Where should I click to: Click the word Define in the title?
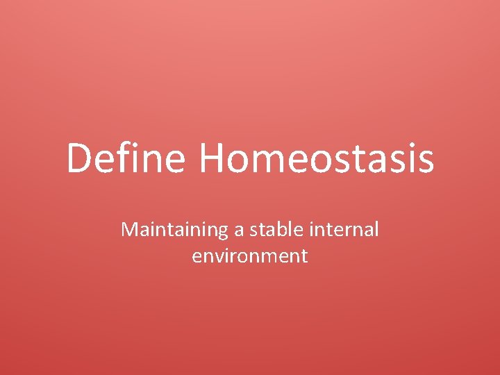tap(126, 158)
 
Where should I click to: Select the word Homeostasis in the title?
tap(317, 158)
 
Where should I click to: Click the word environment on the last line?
tap(250, 256)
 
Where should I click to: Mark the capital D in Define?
tap(79, 158)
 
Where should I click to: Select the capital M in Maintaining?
tap(130, 230)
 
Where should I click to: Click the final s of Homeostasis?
tap(424, 161)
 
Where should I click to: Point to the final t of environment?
tap(303, 256)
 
